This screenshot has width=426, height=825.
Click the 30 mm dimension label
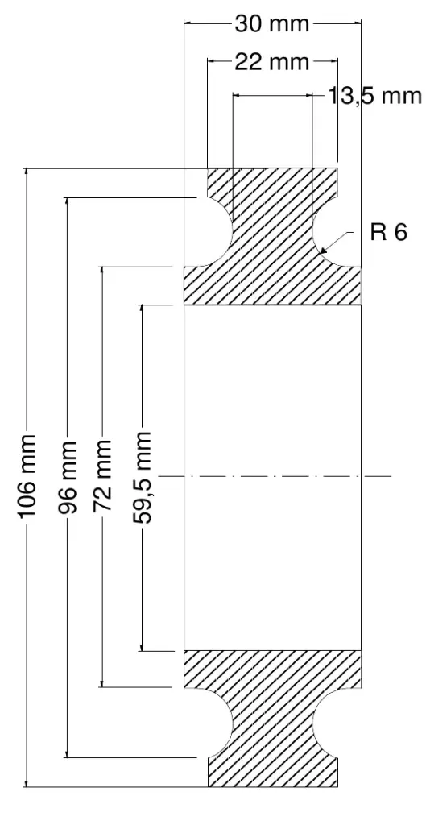(272, 23)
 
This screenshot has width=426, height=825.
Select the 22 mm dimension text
(272, 62)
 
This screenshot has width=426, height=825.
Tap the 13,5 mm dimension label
(375, 97)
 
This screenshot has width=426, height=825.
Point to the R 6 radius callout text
(389, 231)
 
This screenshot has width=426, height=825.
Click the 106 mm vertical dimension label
(27, 476)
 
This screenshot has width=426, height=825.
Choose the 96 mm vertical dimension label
(67, 477)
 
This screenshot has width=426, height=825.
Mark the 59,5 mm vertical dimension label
(142, 477)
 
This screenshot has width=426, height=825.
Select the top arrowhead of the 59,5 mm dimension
(142, 309)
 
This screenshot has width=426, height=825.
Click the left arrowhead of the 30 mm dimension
(188, 23)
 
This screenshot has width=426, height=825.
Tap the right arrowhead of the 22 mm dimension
(333, 62)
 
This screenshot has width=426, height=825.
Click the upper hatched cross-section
(272, 237)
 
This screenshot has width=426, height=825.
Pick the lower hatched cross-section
(272, 718)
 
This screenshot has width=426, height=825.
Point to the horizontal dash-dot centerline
(275, 476)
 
